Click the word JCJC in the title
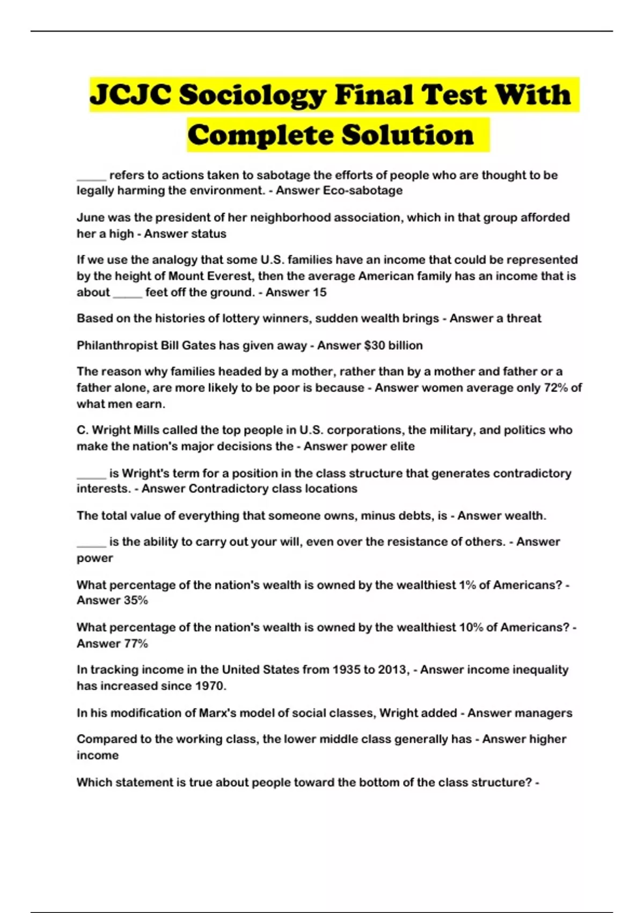131,96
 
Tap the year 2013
394,670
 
